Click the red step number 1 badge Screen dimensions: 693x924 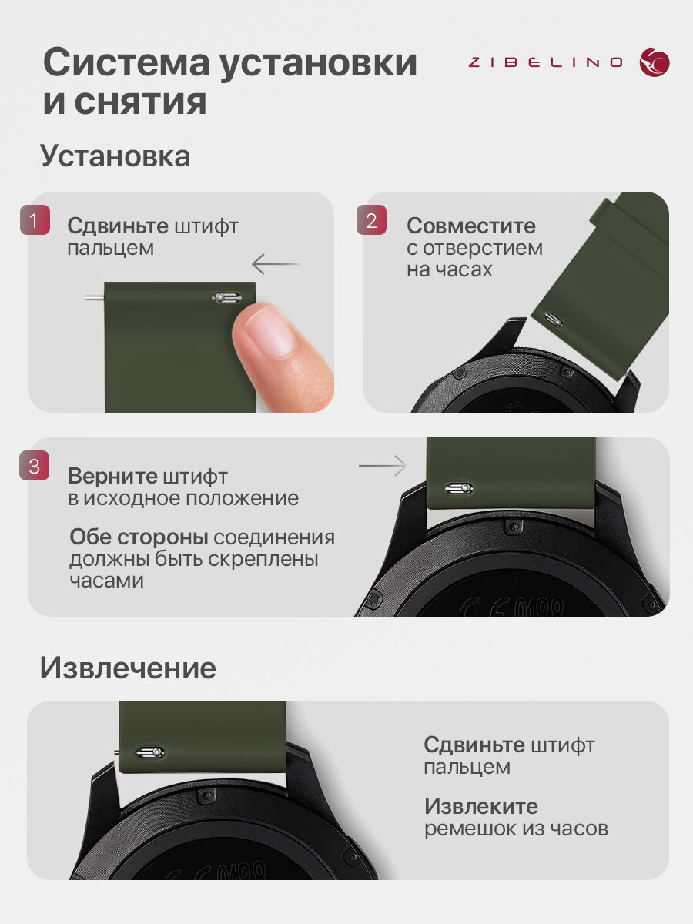(35, 219)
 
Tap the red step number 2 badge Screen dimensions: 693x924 (372, 219)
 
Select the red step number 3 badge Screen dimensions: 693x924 (34, 465)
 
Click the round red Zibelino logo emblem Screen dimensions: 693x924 (654, 62)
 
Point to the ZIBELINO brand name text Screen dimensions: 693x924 (545, 62)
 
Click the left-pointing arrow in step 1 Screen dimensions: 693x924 (276, 264)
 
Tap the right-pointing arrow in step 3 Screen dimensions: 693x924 (383, 466)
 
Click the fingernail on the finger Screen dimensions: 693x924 (269, 331)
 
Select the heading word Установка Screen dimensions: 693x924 (115, 156)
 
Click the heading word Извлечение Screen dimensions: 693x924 (128, 668)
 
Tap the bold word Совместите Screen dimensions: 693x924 (470, 226)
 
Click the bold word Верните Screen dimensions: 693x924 (112, 477)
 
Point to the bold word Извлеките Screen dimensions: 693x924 (481, 807)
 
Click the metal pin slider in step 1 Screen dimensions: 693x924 (227, 298)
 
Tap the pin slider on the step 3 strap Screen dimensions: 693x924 (459, 488)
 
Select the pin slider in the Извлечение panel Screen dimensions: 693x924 (150, 752)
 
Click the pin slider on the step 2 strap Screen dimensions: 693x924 (554, 319)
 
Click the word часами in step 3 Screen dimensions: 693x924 (106, 581)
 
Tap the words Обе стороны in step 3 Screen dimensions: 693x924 (139, 537)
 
